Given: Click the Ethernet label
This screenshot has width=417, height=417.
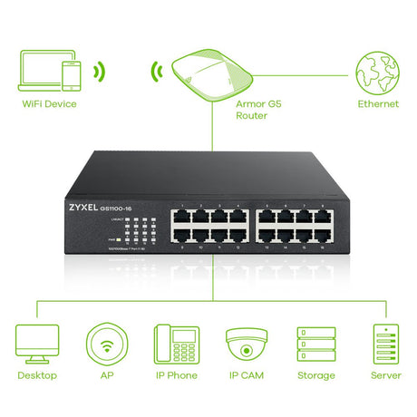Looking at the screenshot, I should pyautogui.click(x=377, y=104).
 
